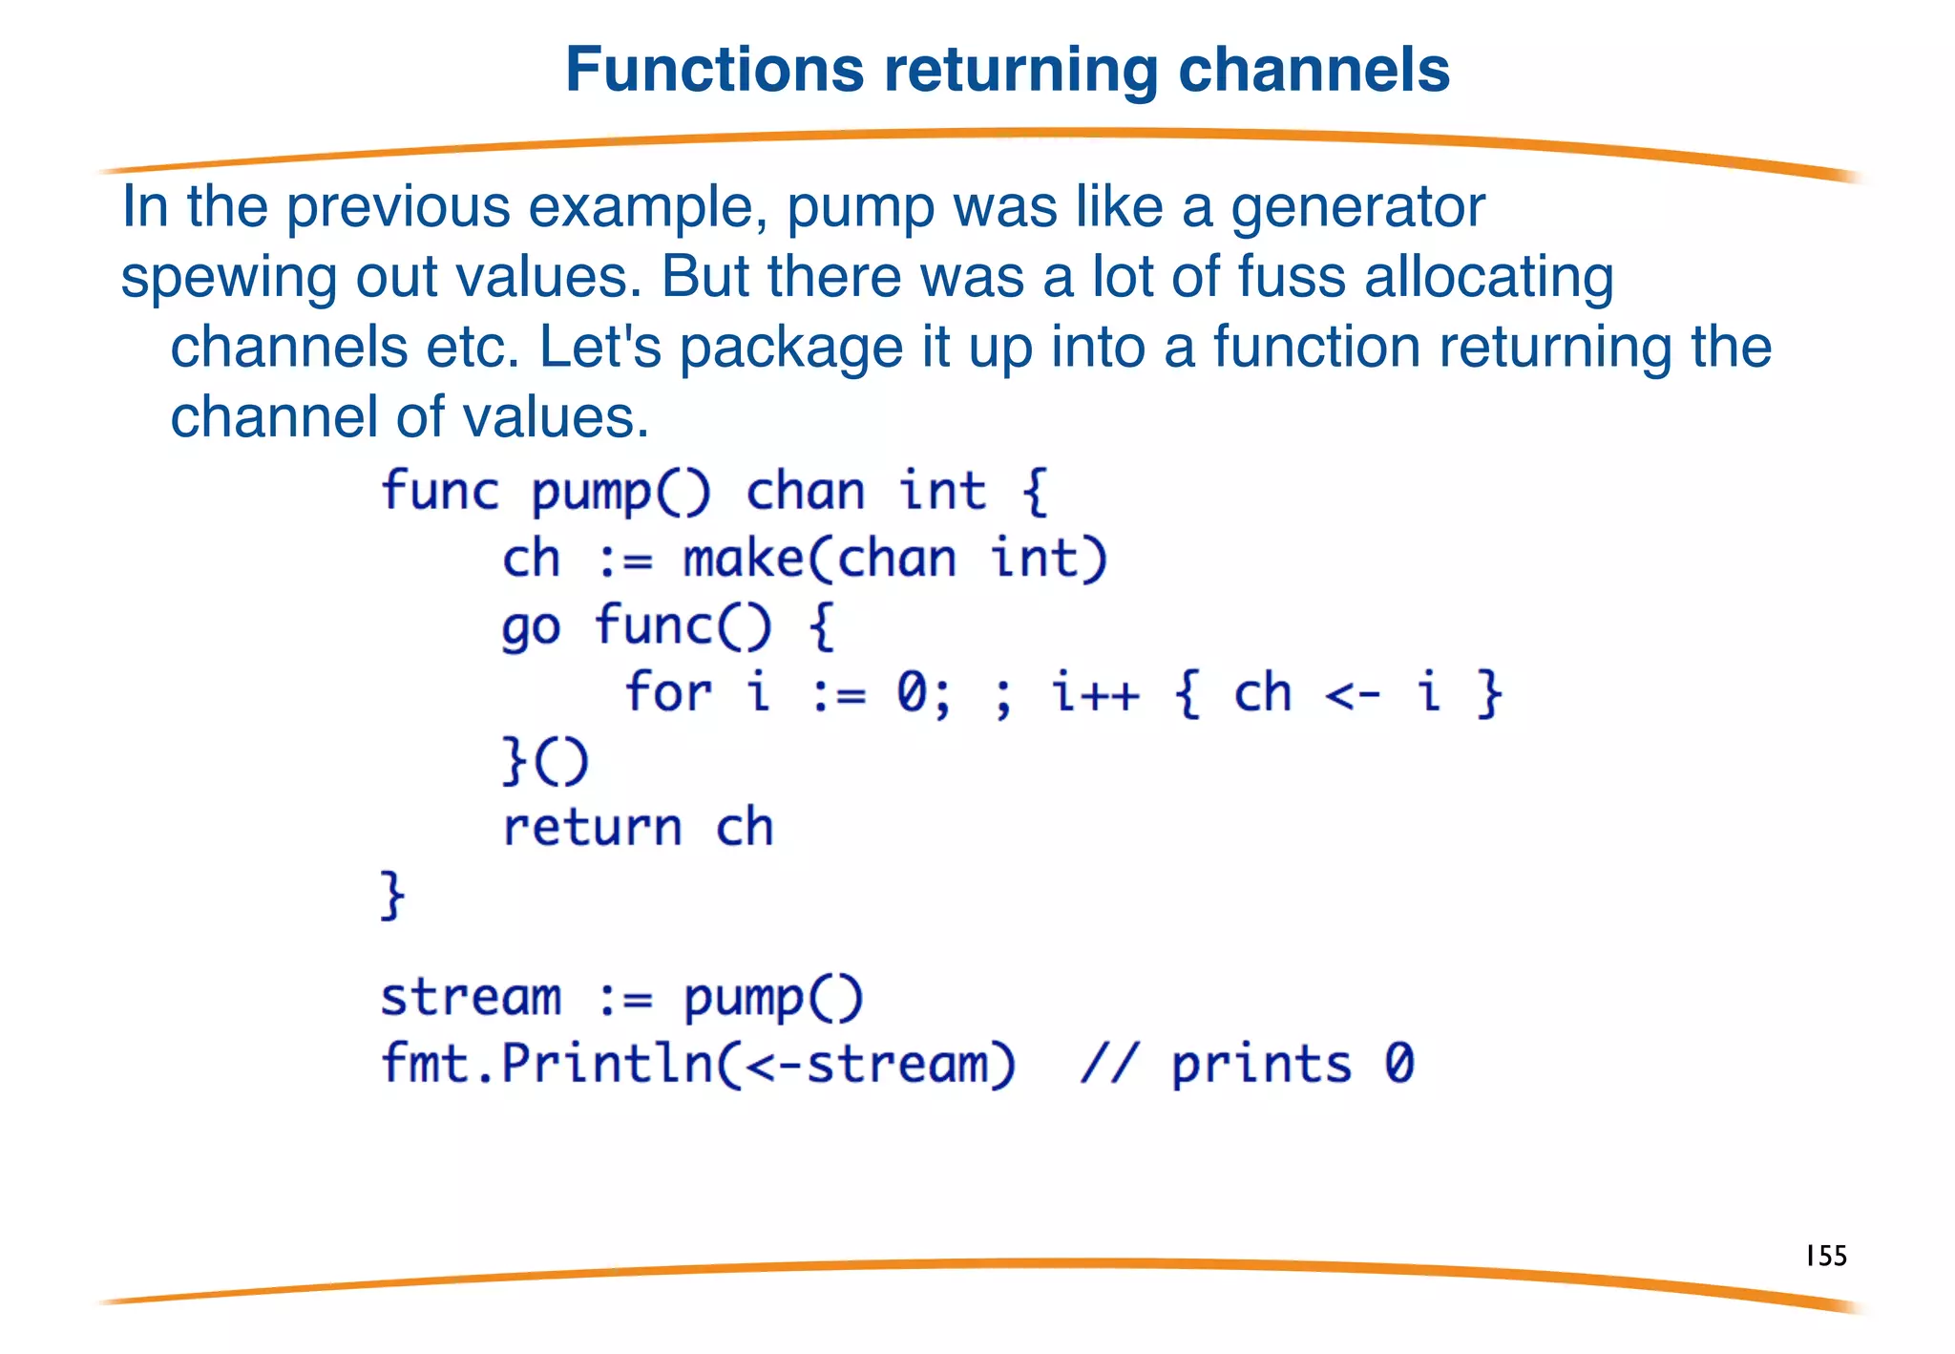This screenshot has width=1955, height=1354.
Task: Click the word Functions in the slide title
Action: (x=715, y=70)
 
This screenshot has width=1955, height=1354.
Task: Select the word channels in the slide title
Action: (x=1314, y=70)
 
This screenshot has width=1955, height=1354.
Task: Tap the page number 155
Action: (x=1826, y=1255)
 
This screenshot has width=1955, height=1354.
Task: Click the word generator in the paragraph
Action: (x=1357, y=207)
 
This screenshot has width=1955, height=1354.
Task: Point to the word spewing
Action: (x=229, y=278)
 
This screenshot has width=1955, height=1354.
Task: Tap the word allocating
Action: (x=1489, y=278)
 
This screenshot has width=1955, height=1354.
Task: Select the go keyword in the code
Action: (x=531, y=628)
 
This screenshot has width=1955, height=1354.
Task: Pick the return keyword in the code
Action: (x=592, y=827)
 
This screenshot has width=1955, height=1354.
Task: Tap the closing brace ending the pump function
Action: (x=392, y=895)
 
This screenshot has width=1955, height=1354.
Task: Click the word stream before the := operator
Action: (x=471, y=998)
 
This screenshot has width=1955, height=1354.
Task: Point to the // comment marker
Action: (x=1109, y=1063)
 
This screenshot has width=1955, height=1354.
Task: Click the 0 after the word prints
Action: (x=1399, y=1063)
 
